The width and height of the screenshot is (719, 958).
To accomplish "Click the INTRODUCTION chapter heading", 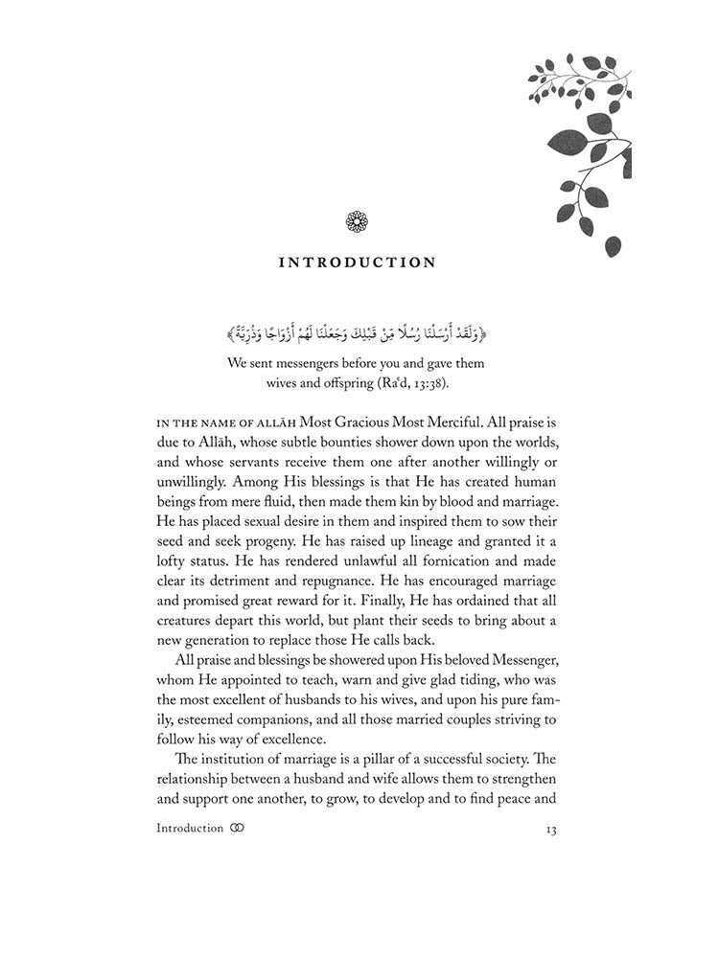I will pos(357,262).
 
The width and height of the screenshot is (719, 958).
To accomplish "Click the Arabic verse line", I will pos(357,334).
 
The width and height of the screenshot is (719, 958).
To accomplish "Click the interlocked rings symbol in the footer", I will pos(239,829).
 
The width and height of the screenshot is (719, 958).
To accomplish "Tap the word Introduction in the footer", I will pos(190,829).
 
